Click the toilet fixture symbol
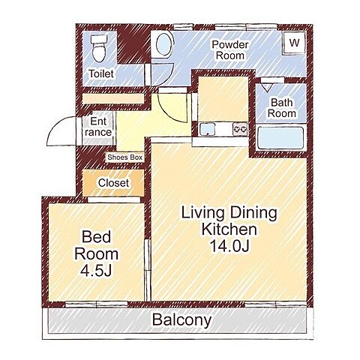click(x=99, y=49)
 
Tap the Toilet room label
click(x=101, y=73)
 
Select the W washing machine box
click(x=294, y=43)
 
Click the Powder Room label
click(x=230, y=50)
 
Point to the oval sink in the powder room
click(x=163, y=44)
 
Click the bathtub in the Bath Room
click(x=280, y=138)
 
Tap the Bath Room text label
click(x=282, y=108)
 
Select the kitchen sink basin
click(x=208, y=129)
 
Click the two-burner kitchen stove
click(x=240, y=129)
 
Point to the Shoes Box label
click(x=124, y=157)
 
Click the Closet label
click(x=113, y=183)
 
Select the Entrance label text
click(x=98, y=127)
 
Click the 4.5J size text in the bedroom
click(x=96, y=271)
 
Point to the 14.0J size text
click(x=229, y=246)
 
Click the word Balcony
click(x=181, y=320)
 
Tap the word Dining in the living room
click(x=253, y=213)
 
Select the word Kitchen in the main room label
click(x=229, y=229)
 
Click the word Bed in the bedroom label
click(x=96, y=237)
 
